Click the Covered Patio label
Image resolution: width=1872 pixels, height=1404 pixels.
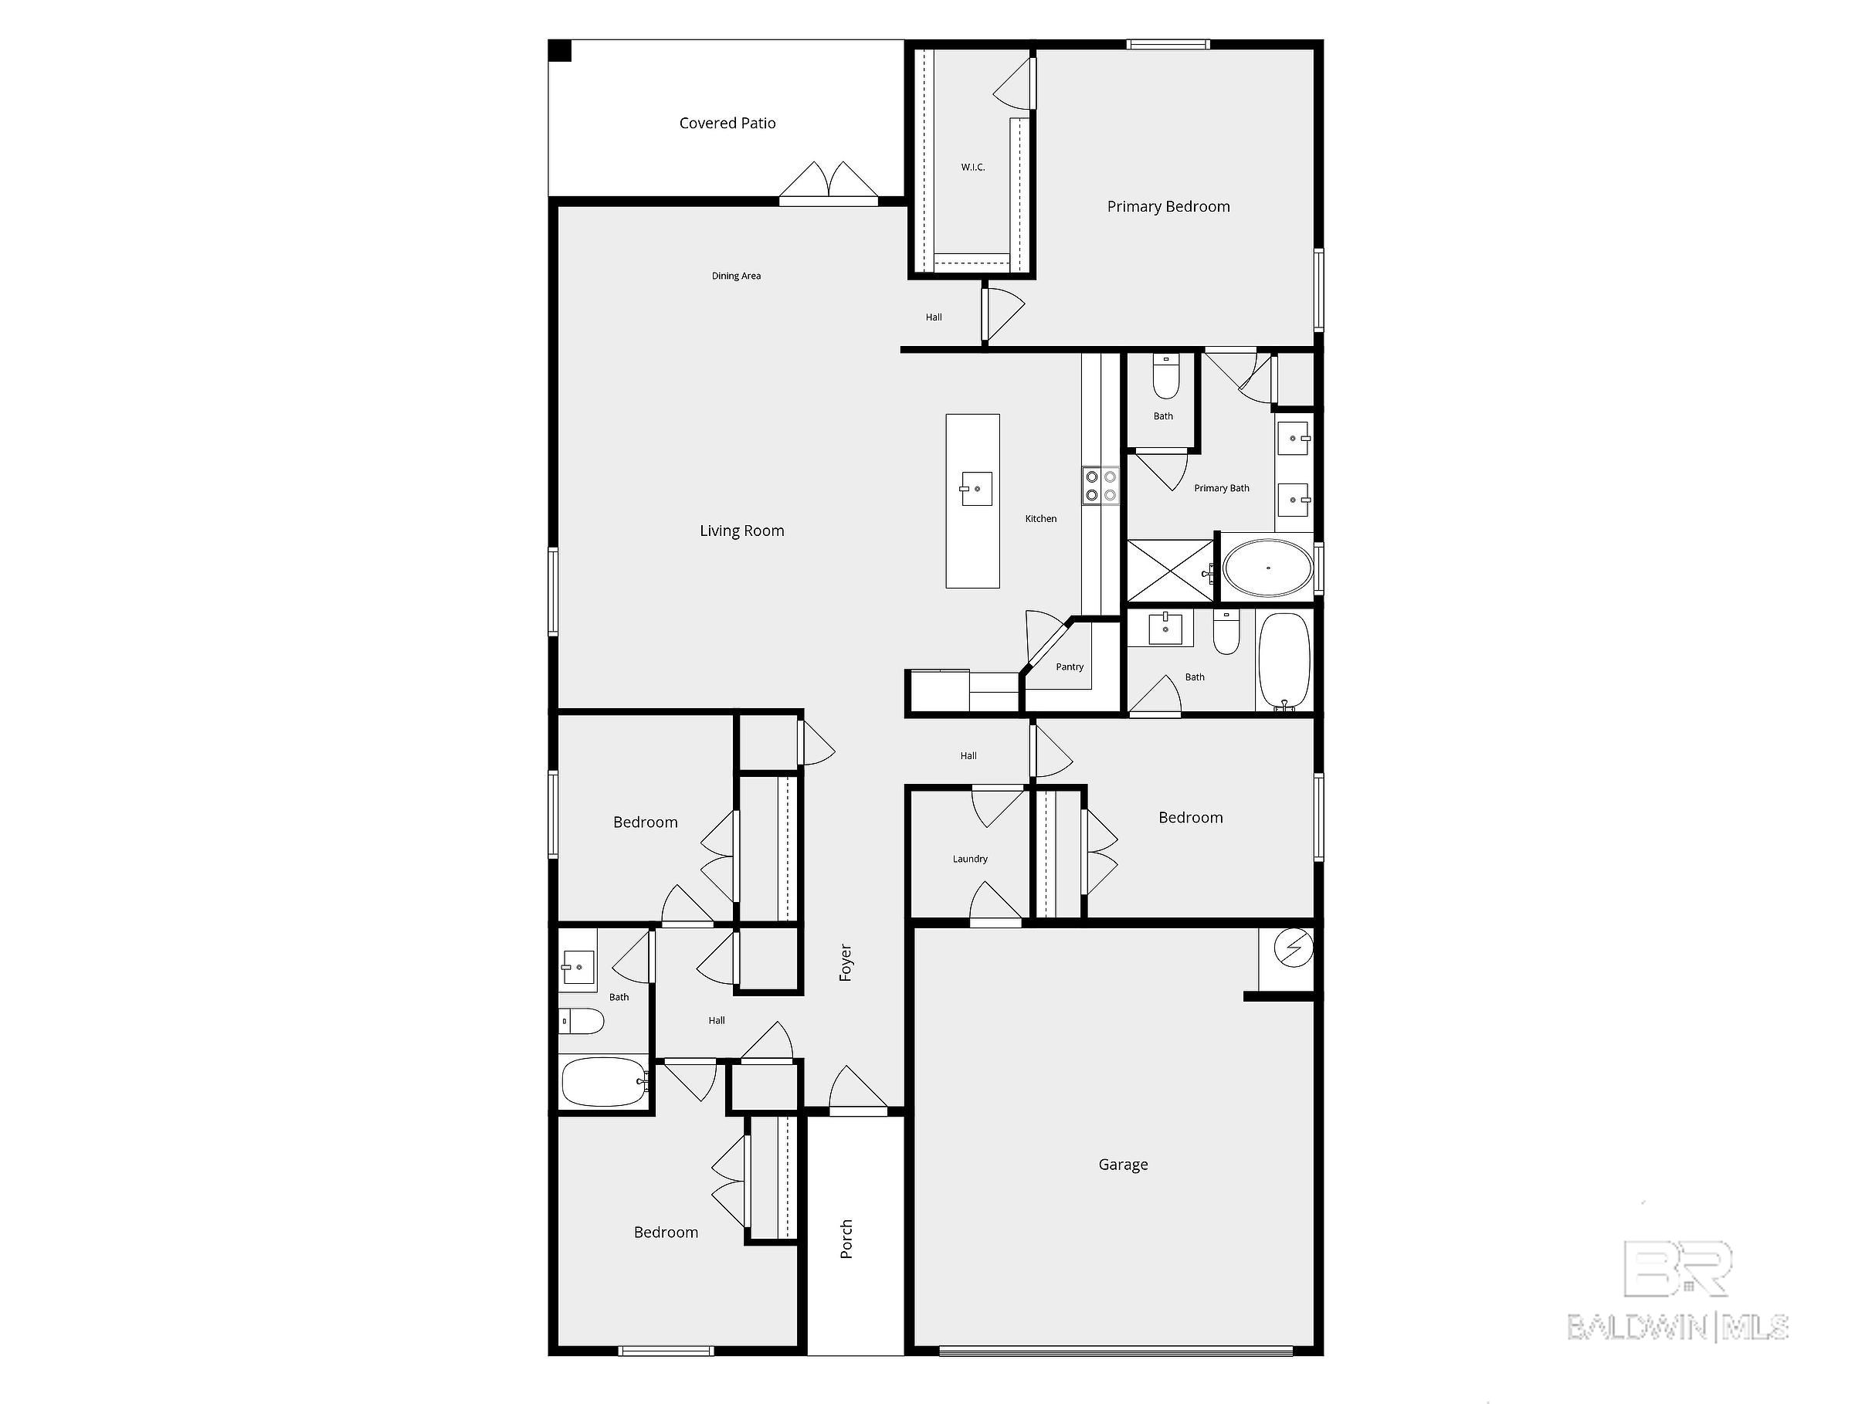(727, 124)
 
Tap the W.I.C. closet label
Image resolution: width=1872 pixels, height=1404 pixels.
(972, 168)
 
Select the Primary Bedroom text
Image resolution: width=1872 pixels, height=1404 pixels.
(1168, 206)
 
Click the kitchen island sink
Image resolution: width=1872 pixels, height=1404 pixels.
(976, 489)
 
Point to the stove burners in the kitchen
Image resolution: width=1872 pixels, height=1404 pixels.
(1100, 486)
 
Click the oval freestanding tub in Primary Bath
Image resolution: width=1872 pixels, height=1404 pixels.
(1268, 568)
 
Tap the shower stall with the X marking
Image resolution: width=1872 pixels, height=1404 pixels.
(1168, 571)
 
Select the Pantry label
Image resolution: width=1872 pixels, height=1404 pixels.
(1069, 667)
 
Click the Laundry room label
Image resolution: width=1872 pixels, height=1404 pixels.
(970, 859)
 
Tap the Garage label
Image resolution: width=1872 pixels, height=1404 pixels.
(1123, 1165)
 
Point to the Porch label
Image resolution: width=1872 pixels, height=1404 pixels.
(846, 1238)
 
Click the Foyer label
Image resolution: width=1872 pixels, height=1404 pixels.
(846, 962)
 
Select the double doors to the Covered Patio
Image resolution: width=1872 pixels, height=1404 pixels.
(828, 184)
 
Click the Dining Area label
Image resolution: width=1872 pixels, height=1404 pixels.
(735, 276)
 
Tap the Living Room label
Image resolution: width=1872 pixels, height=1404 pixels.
(741, 531)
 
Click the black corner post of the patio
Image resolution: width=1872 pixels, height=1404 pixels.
(560, 51)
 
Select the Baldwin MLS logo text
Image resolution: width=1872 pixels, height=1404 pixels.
(1677, 1327)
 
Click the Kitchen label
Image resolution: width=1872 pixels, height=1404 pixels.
(1040, 519)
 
